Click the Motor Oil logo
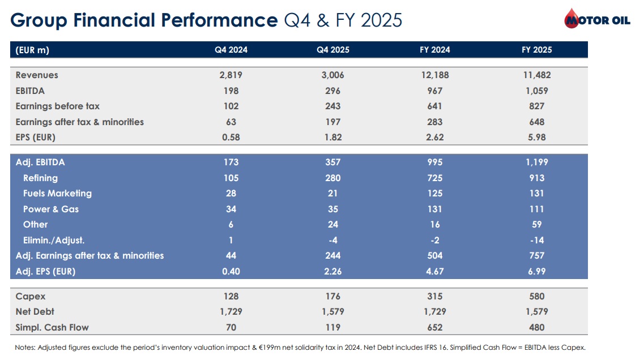[x=597, y=19]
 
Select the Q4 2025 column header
[x=332, y=50]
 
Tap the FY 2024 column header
[x=434, y=50]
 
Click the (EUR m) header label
[x=32, y=50]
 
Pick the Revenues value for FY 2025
[x=537, y=75]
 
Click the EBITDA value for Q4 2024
[x=231, y=91]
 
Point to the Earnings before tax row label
[x=58, y=106]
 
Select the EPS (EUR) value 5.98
[x=537, y=138]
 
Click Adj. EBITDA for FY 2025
[x=537, y=162]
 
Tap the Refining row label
[x=40, y=178]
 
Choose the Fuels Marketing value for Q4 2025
[x=332, y=194]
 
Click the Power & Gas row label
[x=50, y=209]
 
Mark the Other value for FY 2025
[x=537, y=225]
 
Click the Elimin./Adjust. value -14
[x=537, y=240]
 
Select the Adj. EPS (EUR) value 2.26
[x=332, y=271]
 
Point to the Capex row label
[x=31, y=297]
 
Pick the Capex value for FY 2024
[x=434, y=297]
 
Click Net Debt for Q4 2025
[x=332, y=311]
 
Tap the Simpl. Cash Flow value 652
[x=434, y=327]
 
